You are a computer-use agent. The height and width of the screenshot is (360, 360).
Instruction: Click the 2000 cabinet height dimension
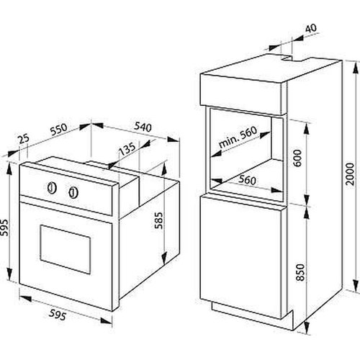(350, 174)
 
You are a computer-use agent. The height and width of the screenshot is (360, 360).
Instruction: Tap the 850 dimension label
(300, 272)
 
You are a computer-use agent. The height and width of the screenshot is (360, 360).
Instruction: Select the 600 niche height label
(297, 158)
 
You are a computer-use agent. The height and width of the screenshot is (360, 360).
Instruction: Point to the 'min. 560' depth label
(238, 137)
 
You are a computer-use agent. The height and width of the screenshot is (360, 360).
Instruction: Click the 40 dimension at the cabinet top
(311, 28)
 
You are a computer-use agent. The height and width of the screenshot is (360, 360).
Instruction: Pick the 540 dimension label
(143, 127)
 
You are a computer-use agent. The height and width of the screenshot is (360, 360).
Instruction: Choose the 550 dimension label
(59, 129)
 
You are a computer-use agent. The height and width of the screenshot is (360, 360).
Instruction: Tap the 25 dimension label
(24, 139)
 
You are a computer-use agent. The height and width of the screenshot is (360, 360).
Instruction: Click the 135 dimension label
(127, 149)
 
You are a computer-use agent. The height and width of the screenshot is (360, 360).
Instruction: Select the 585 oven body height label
(158, 220)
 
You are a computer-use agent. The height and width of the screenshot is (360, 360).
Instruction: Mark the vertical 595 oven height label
(4, 228)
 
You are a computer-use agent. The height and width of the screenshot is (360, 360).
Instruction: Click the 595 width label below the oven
(57, 315)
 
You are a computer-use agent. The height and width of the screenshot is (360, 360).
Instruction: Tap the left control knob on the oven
(52, 188)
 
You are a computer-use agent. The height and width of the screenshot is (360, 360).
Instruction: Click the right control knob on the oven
(73, 192)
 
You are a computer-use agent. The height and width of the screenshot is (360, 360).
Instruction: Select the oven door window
(66, 249)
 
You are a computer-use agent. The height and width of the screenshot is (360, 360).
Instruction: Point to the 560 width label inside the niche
(247, 180)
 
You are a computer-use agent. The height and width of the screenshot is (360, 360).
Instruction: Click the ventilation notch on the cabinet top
(287, 58)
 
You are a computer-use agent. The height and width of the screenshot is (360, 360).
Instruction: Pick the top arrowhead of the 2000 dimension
(355, 67)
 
